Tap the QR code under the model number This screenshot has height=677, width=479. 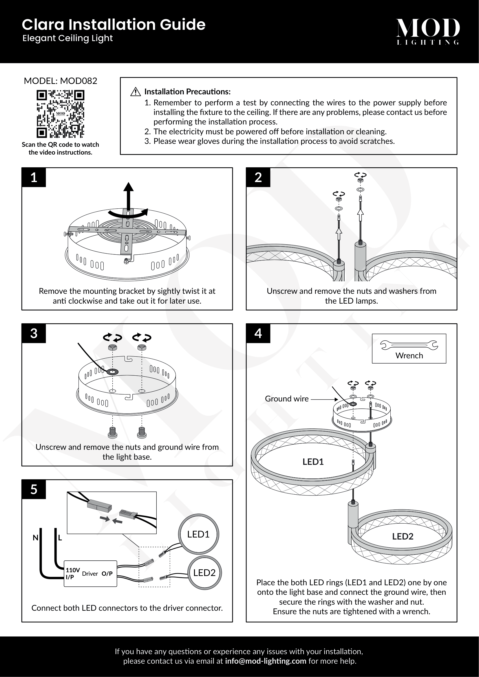click(61, 114)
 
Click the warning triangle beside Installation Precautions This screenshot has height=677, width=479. click(135, 92)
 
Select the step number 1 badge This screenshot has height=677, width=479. click(34, 177)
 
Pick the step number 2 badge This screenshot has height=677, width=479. click(258, 177)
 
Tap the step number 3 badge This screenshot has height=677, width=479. click(34, 333)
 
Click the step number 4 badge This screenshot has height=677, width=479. click(258, 333)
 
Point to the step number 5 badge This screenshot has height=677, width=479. click(34, 489)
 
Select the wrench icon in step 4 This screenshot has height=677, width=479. click(409, 345)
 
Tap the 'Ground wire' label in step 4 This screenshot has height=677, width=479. click(287, 399)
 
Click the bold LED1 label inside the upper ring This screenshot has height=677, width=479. click(313, 462)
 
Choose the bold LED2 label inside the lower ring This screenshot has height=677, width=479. click(403, 536)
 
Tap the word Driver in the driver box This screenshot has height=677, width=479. click(90, 573)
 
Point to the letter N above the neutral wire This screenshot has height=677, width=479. click(35, 538)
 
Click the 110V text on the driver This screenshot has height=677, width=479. click(73, 570)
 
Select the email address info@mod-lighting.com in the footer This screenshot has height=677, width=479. click(266, 661)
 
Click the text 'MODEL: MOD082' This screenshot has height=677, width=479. click(61, 81)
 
